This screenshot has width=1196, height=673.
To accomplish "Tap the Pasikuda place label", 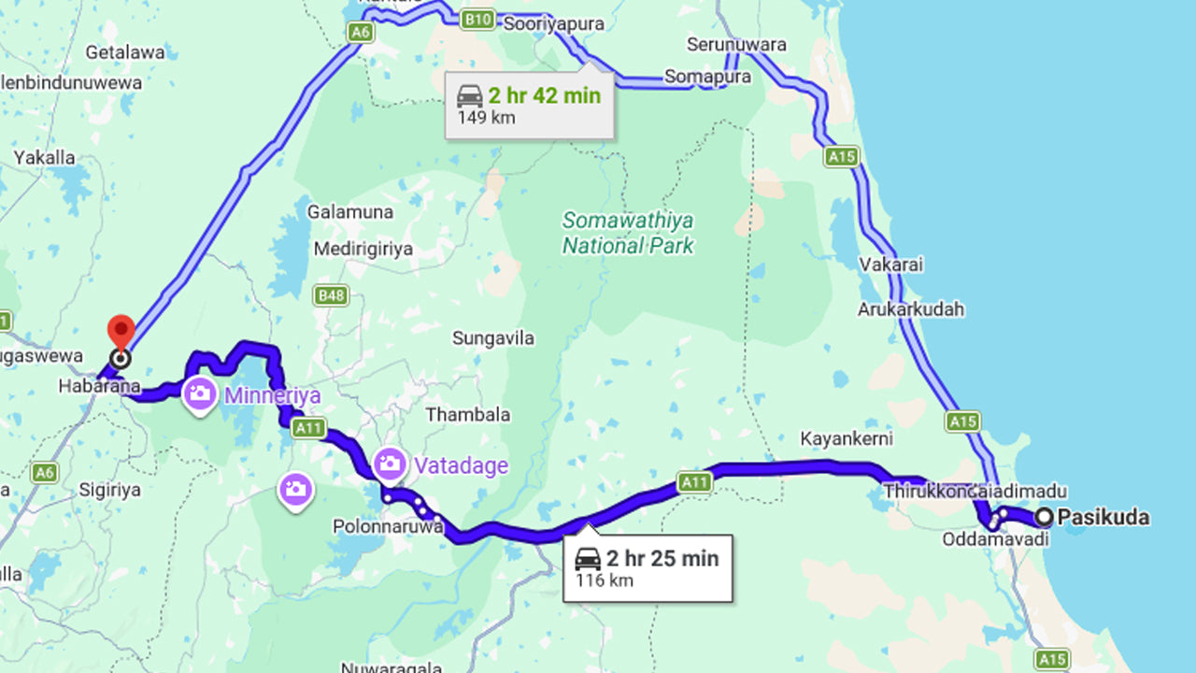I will tap(1103, 517).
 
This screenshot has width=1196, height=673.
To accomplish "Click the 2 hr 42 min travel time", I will tap(544, 95).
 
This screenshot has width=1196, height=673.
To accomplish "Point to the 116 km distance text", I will tap(604, 580).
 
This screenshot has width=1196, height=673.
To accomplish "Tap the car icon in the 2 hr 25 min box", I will tap(588, 559).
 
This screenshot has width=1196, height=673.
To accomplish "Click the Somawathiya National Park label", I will tap(628, 233).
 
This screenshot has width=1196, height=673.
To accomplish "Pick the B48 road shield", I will tap(331, 295).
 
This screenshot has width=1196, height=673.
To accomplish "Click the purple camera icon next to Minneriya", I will tap(199, 394).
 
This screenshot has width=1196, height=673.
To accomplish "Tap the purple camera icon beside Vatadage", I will tap(390, 464).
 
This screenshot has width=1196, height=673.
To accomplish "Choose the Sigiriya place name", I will tap(110, 490).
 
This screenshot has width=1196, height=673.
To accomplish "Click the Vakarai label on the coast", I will tap(890, 265).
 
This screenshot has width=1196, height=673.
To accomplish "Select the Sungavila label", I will tap(493, 338).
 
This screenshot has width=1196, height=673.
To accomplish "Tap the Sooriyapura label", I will tap(553, 24).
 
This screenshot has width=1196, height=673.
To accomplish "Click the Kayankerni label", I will tap(847, 438).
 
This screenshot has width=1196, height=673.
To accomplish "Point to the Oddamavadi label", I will tap(989, 539).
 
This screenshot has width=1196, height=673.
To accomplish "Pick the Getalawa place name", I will tap(125, 52).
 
